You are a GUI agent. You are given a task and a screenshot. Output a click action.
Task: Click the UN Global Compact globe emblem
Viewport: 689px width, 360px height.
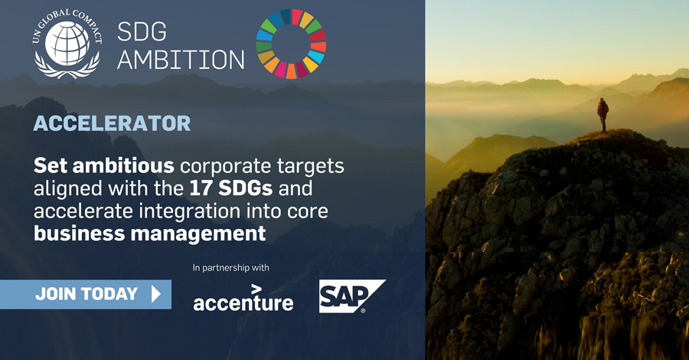67,44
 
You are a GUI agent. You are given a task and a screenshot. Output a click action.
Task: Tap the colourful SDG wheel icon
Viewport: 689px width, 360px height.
291,44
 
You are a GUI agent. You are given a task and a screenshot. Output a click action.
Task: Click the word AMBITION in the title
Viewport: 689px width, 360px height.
181,59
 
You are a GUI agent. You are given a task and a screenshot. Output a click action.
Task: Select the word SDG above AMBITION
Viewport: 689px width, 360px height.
142,31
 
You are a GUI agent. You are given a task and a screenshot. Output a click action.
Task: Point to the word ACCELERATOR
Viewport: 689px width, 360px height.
112,123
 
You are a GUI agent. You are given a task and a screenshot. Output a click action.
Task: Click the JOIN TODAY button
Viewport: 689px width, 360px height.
86,294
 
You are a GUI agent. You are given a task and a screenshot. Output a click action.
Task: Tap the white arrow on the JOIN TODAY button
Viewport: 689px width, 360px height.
156,294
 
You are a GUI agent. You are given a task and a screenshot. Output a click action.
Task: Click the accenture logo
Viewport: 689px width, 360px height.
243,299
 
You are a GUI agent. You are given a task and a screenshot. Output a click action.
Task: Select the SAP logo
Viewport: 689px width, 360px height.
352,296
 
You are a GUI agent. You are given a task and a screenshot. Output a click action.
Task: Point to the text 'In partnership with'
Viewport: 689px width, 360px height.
230,267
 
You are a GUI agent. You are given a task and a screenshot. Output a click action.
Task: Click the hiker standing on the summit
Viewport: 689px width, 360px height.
602,114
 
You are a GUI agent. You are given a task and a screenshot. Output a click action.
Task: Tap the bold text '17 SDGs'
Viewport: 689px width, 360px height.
231,188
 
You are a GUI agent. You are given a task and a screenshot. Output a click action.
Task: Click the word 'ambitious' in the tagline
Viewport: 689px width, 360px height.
123,165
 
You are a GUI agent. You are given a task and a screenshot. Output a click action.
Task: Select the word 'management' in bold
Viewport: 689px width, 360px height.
198,234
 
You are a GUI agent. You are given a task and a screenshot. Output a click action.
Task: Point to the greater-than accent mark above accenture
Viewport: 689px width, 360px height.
256,289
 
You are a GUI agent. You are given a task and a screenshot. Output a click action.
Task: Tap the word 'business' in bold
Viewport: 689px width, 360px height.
80,234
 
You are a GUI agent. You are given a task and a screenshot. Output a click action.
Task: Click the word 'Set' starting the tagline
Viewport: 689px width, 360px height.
51,165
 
